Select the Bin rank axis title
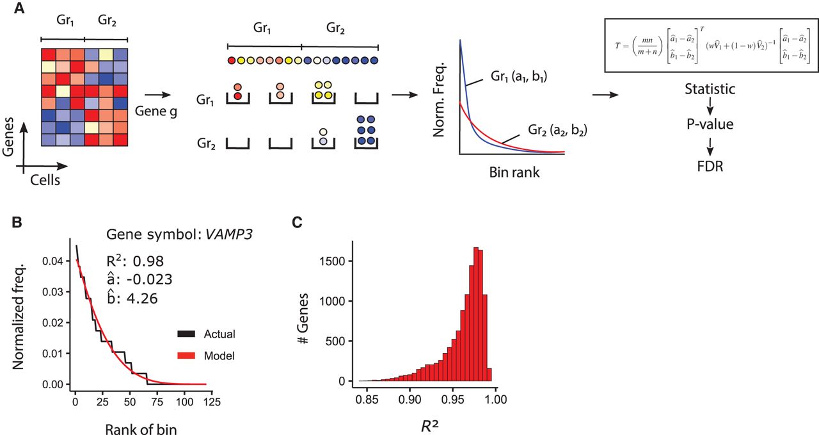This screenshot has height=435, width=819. coord(510,172)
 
